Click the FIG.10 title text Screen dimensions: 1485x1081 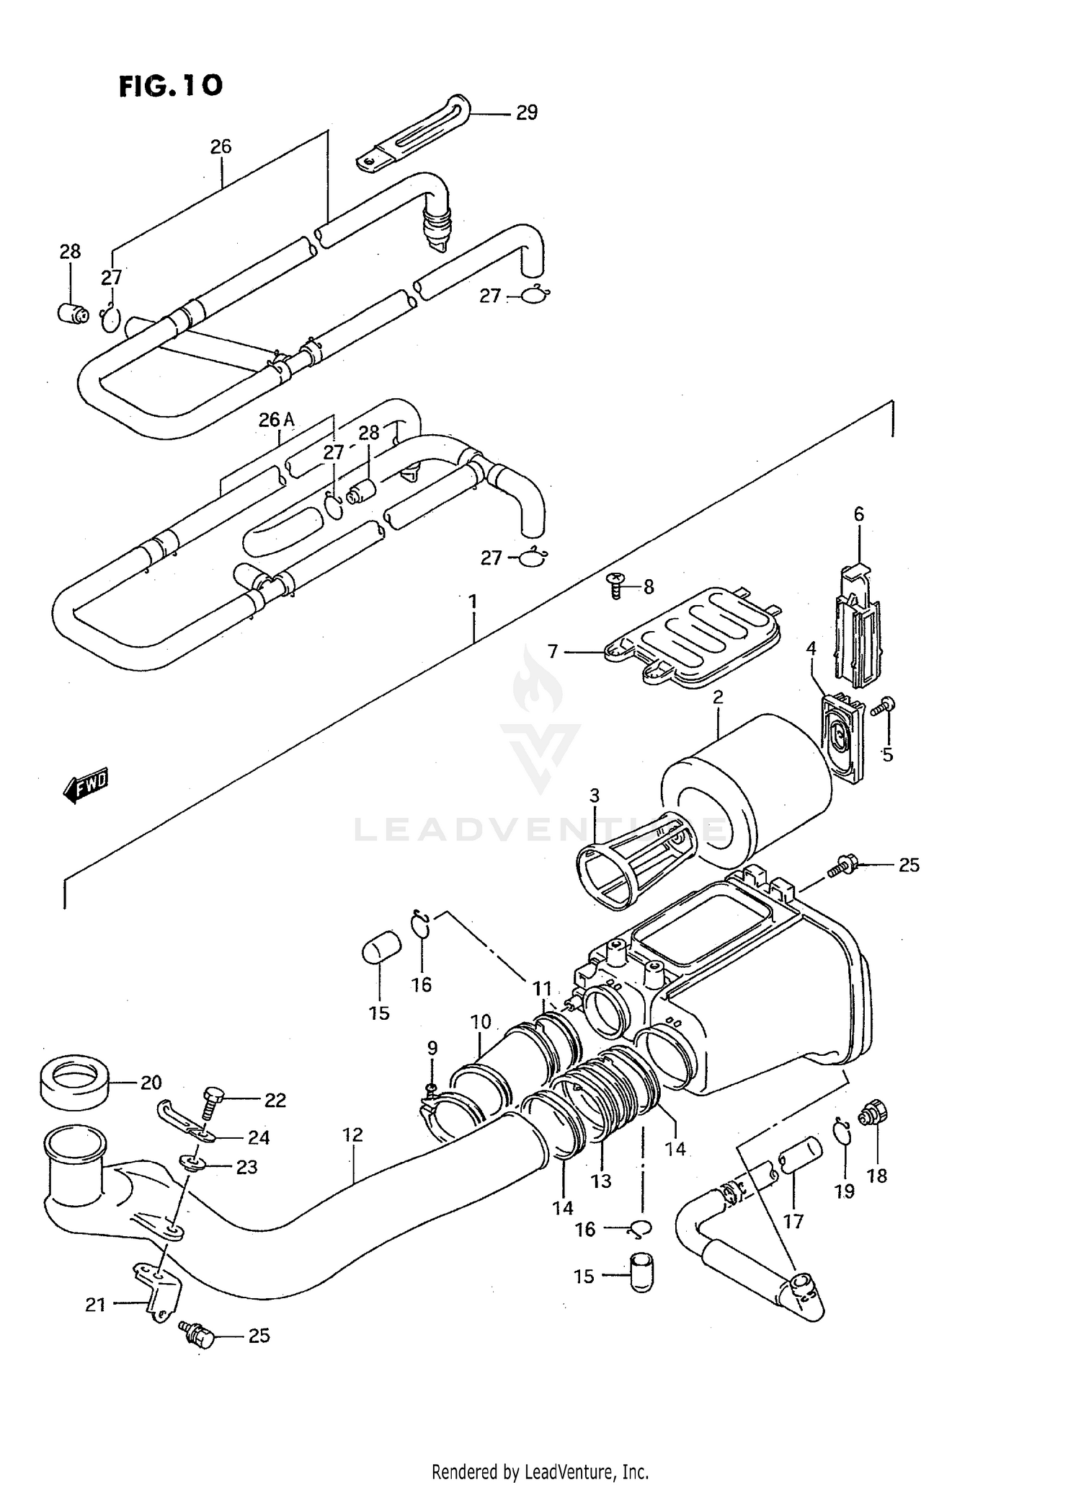pyautogui.click(x=171, y=86)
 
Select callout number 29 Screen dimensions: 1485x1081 pyautogui.click(x=526, y=113)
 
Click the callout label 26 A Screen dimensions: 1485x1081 pyautogui.click(x=277, y=420)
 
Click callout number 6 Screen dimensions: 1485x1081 pyautogui.click(x=858, y=514)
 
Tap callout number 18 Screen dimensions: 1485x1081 pyautogui.click(x=877, y=1176)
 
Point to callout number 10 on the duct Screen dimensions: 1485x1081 pyautogui.click(x=481, y=1021)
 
